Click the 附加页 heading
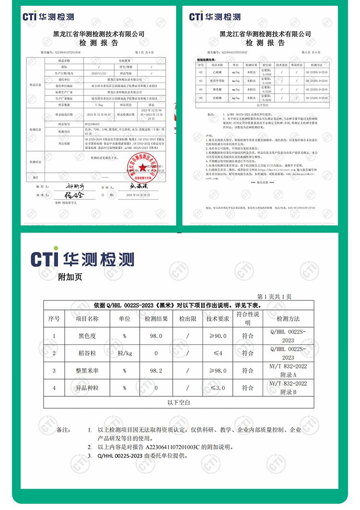(70, 277)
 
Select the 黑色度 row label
(87, 336)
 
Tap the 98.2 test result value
(156, 370)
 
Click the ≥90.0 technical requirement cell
(217, 336)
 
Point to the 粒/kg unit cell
(124, 353)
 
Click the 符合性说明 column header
(248, 318)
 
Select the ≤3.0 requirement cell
(217, 388)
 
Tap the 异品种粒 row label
(87, 388)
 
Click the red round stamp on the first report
(142, 167)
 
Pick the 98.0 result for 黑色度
(156, 336)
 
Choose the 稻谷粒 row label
(87, 353)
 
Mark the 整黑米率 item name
(87, 370)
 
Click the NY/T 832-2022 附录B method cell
(288, 388)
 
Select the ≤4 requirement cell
(217, 353)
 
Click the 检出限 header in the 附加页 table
(188, 319)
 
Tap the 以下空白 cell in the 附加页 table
(179, 402)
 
